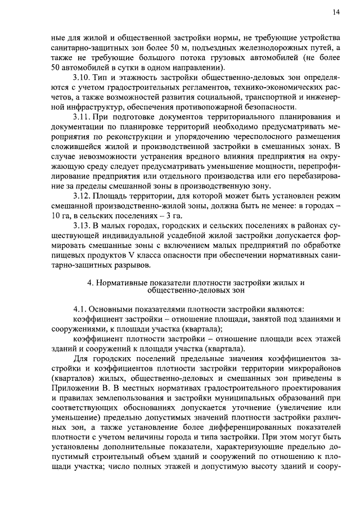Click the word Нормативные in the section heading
click(x=123, y=282)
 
